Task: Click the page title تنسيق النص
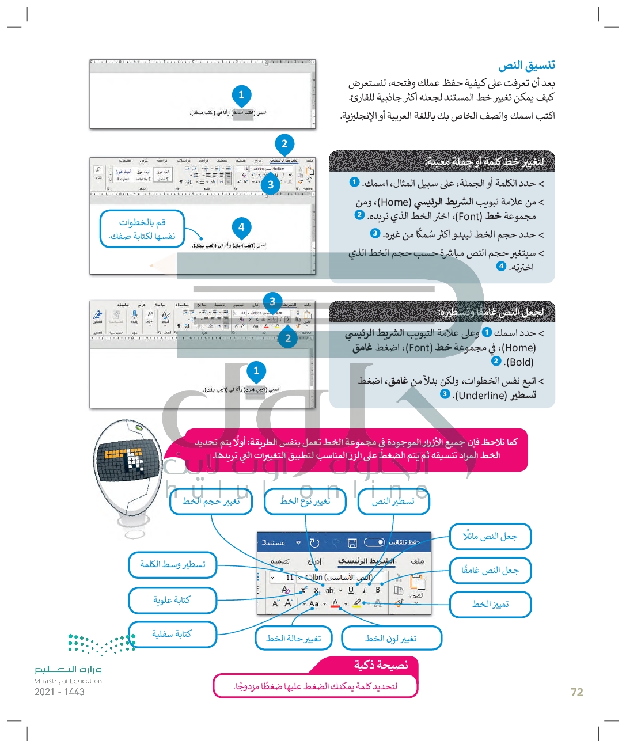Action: pos(526,65)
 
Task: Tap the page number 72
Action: pos(576,692)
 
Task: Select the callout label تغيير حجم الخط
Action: pos(211,502)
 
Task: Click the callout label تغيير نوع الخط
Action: pos(305,502)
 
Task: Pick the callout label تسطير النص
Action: pos(393,502)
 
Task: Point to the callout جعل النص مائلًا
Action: pos(490,537)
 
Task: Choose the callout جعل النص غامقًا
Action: pos(490,570)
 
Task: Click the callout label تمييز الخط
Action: pos(490,604)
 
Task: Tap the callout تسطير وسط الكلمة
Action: pos(172,564)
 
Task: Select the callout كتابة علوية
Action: pos(172,600)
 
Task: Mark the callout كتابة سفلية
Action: pos(172,634)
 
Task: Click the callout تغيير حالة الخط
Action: pos(294,639)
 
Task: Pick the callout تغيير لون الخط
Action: pos(391,639)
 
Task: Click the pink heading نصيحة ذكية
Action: pos(381,665)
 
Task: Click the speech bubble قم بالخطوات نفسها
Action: pos(142,229)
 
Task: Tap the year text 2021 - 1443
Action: pos(59,692)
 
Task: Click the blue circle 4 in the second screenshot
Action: pos(241,227)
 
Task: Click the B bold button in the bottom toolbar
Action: pos(378,590)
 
